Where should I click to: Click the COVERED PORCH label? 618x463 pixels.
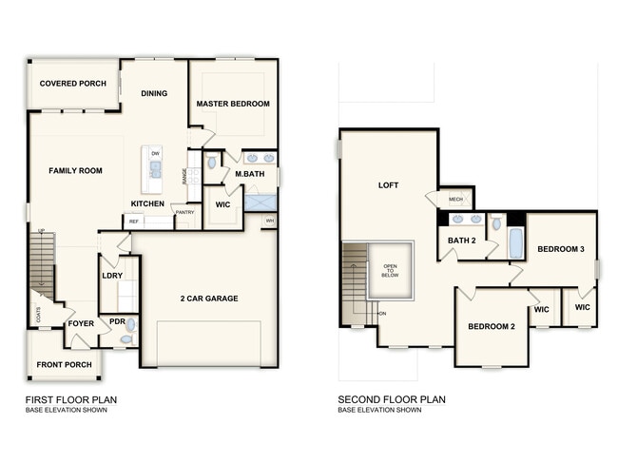coord(72,84)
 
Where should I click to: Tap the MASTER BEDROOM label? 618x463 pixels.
coord(233,104)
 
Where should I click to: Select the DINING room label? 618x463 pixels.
coord(154,93)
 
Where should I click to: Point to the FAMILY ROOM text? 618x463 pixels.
coord(76,171)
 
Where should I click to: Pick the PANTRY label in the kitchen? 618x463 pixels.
coord(185,212)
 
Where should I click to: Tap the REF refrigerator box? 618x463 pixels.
coord(134,221)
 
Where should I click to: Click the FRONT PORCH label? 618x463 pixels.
coord(64,365)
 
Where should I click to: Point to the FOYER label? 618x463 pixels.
coord(81,323)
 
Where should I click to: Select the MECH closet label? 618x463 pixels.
coord(455,199)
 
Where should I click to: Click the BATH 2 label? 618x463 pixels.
coord(461,241)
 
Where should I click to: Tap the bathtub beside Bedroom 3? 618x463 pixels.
coord(515,242)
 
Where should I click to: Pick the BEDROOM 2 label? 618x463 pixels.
coord(491,327)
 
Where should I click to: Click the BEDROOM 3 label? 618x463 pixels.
coord(560,249)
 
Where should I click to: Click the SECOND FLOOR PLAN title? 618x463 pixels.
coord(392,400)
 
